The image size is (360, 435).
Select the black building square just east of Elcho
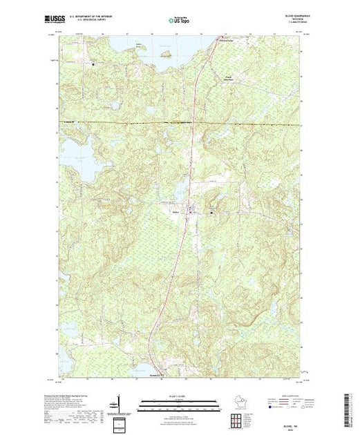(211, 212)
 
